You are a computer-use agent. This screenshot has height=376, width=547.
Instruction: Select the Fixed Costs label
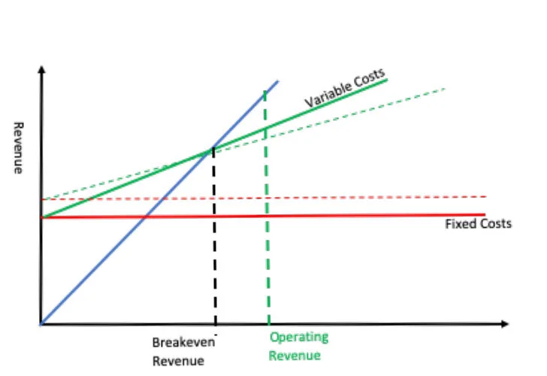478,224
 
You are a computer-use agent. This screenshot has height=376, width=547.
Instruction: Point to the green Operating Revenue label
298,347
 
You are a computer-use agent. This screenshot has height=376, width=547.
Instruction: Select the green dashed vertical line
267,226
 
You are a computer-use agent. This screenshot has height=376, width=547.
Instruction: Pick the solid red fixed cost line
338,216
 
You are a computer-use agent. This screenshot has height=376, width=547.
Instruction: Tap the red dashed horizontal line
338,197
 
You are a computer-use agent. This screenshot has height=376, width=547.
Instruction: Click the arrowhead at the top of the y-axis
42,70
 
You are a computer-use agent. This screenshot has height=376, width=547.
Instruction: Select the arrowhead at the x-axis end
506,325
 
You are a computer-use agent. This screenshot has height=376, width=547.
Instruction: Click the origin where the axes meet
42,325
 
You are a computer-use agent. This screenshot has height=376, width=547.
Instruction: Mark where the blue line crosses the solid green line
213,149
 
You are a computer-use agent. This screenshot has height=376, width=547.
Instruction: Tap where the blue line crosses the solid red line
146,217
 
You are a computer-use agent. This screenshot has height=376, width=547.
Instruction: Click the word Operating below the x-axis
298,338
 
